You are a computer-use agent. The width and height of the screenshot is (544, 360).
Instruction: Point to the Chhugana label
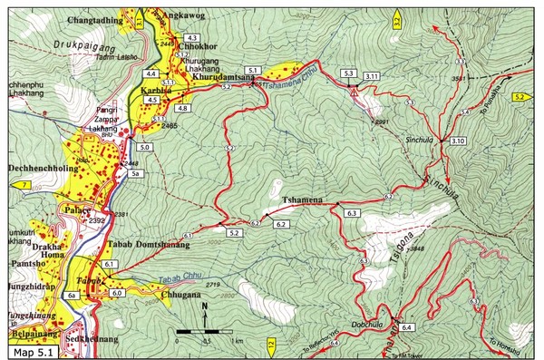tap(170, 295)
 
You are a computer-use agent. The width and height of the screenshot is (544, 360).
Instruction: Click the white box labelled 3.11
tap(372, 75)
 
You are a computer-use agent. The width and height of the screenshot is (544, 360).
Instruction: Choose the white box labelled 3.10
tap(457, 141)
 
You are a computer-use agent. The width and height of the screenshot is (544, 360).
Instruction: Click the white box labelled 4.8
tap(182, 108)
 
